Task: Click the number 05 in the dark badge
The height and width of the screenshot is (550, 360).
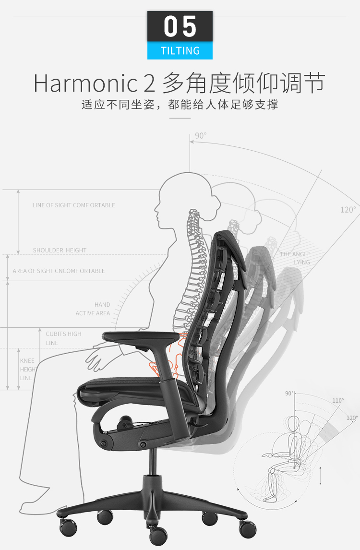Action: point(180,27)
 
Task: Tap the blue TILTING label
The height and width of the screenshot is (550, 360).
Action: point(180,51)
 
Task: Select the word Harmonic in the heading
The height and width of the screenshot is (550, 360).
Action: point(85,84)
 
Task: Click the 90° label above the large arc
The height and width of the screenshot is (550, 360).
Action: point(201,136)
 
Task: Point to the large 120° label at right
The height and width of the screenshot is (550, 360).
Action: point(348,210)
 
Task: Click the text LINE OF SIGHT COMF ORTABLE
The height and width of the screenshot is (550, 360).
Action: point(74,205)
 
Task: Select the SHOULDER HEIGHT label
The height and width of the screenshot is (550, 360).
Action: point(60,250)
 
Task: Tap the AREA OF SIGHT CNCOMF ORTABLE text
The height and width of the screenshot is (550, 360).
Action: point(59,271)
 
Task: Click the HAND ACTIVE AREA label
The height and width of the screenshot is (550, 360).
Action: point(93,309)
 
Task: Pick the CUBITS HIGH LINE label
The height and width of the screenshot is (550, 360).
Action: point(63,338)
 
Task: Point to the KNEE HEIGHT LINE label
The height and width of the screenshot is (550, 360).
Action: point(28,370)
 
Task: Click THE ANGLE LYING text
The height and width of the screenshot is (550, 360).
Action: point(295,258)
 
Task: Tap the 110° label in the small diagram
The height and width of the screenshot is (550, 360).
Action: point(338,401)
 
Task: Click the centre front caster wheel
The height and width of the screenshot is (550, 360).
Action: point(158,535)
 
